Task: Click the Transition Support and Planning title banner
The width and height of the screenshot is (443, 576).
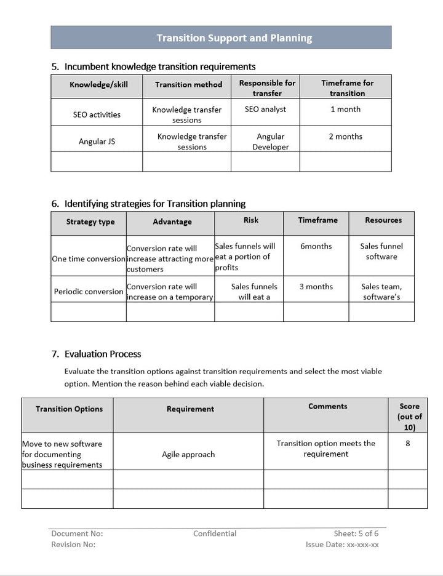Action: (234, 38)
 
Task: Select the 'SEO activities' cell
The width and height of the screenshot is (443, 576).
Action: (97, 114)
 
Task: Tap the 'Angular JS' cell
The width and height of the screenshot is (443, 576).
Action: (97, 142)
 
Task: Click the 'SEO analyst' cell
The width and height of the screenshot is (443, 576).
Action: (265, 110)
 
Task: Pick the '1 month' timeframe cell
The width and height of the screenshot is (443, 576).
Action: (345, 110)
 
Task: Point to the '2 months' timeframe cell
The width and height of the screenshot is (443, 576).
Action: (345, 137)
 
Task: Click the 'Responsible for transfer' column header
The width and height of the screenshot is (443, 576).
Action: (267, 88)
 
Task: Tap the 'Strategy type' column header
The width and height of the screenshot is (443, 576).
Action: (90, 222)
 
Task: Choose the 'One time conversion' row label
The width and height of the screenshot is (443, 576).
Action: (89, 259)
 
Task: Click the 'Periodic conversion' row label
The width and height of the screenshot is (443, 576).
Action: (89, 292)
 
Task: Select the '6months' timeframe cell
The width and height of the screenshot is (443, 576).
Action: (316, 246)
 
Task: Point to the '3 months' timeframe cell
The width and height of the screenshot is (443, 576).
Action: (316, 287)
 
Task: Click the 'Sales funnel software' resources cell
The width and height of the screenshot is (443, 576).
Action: (381, 252)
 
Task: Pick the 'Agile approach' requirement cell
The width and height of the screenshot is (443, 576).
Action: (188, 455)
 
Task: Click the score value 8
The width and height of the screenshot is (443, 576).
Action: (408, 443)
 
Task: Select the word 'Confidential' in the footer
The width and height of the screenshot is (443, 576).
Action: (215, 534)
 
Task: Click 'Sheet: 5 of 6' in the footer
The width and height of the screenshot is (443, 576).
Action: (356, 534)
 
